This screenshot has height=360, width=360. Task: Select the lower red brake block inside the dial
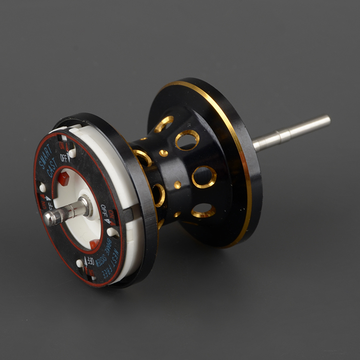point(95,244)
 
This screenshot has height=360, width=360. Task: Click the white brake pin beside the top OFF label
point(72,153)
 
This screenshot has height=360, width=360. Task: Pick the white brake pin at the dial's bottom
point(80,263)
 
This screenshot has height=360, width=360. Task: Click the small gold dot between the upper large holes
point(164,153)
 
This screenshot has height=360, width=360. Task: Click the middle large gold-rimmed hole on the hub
point(204,177)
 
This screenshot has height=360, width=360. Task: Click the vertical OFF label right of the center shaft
point(103,211)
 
